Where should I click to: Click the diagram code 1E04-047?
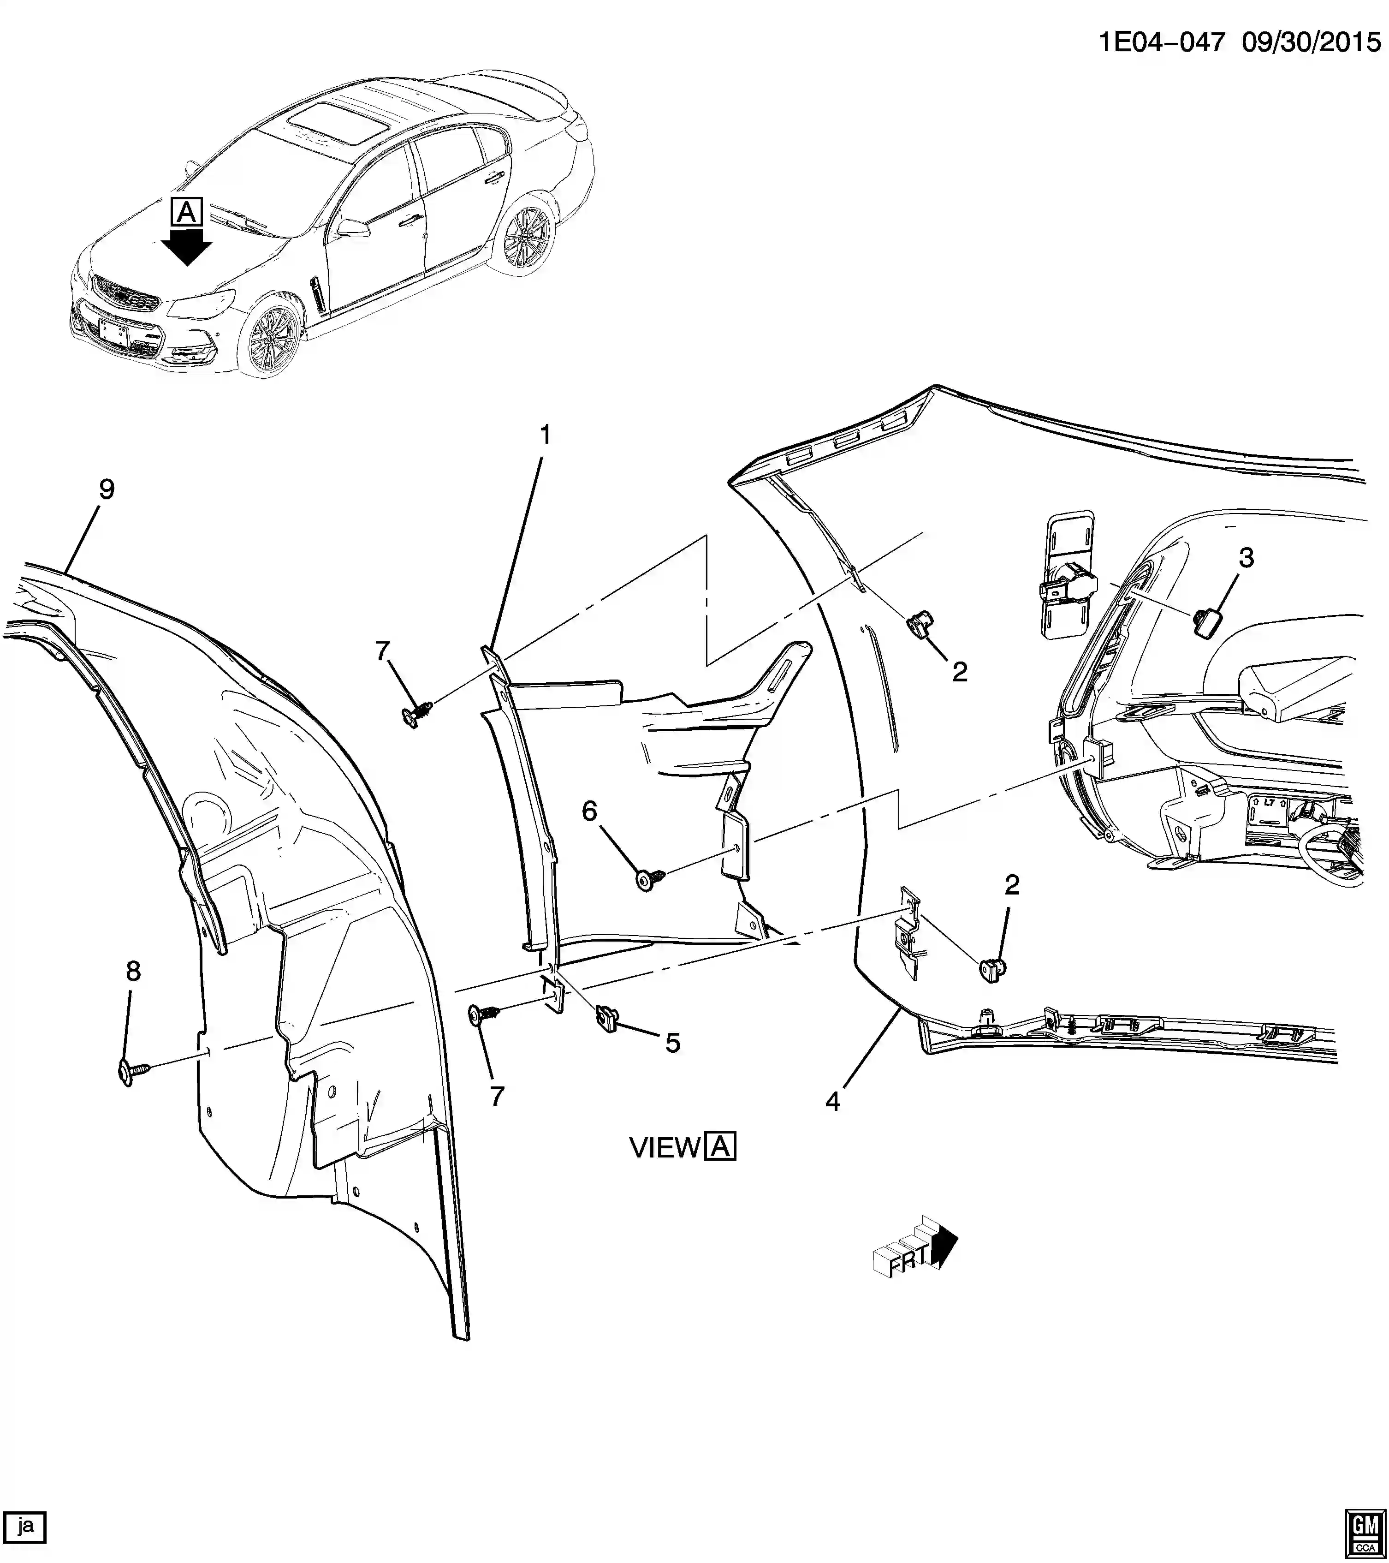point(1162,42)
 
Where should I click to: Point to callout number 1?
point(545,436)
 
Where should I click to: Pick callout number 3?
point(1246,558)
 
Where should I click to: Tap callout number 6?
point(589,811)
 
